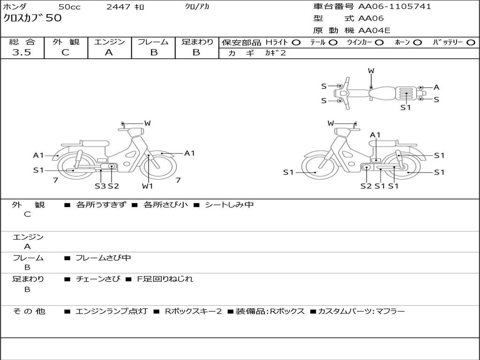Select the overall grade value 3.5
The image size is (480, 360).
tap(22, 52)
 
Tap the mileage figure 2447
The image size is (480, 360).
tap(118, 7)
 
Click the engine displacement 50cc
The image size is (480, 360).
tap(69, 7)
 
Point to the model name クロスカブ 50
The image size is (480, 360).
tap(32, 19)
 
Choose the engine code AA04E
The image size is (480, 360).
tap(374, 31)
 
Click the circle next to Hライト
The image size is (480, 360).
tap(296, 42)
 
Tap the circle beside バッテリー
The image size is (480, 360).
tap(471, 42)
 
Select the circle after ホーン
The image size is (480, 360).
tap(417, 42)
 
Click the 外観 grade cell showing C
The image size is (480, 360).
tap(65, 52)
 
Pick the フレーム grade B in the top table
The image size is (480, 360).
tap(154, 52)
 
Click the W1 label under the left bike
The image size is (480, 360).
tap(148, 186)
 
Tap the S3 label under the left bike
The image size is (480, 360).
tap(100, 186)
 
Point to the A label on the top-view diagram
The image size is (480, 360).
tap(436, 87)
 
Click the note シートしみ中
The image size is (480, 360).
tap(229, 205)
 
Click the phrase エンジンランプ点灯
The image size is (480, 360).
tap(112, 311)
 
